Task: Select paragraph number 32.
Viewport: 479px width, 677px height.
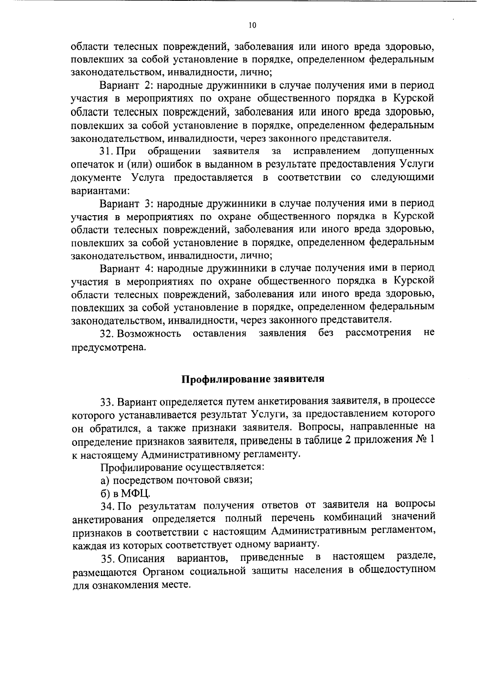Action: click(x=107, y=333)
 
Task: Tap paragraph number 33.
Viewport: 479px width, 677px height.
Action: click(x=108, y=400)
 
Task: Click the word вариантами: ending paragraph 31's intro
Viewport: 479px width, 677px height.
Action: click(x=99, y=190)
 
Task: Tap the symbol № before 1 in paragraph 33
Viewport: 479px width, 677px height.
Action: click(x=419, y=439)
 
